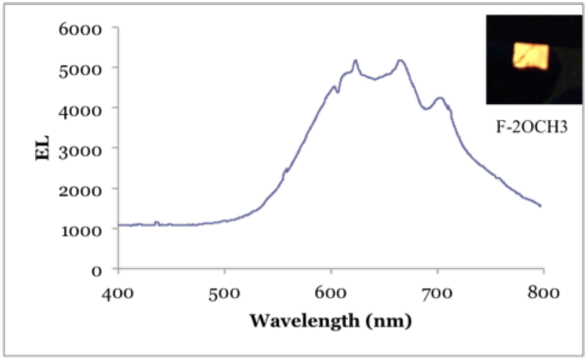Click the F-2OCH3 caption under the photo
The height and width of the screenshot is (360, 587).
[x=526, y=128]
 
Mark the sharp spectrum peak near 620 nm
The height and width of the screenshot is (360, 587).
[x=355, y=61]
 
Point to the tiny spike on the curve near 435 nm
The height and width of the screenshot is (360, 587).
[x=156, y=222]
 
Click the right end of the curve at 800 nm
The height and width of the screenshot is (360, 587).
[x=540, y=206]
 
